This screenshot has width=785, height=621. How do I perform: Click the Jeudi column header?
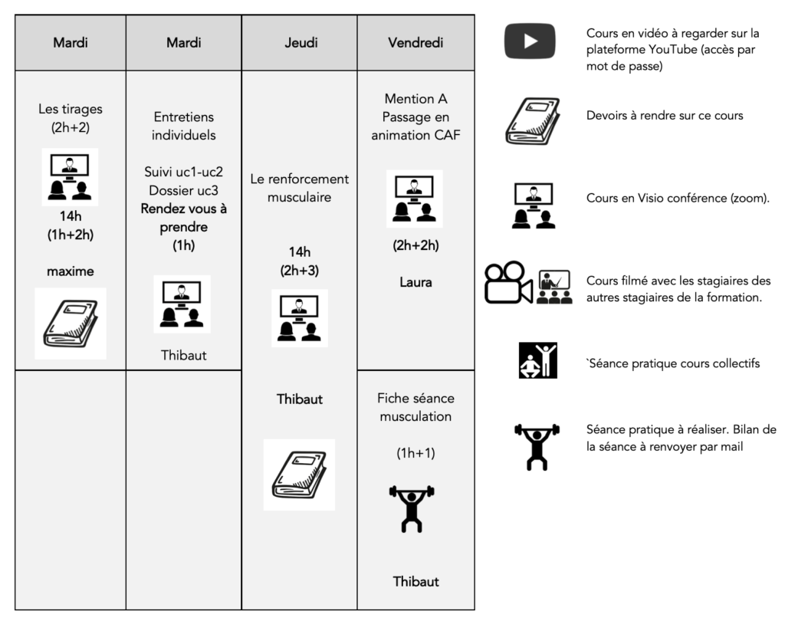pyautogui.click(x=301, y=43)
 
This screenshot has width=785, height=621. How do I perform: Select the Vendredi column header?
pyautogui.click(x=415, y=43)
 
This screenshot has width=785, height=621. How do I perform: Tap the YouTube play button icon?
pyautogui.click(x=530, y=41)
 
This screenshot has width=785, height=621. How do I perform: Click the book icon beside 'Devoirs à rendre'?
pyautogui.click(x=532, y=121)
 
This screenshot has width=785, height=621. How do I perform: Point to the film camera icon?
pyautogui.click(x=508, y=282)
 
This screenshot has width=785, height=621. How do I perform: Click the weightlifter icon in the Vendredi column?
pyautogui.click(x=412, y=508)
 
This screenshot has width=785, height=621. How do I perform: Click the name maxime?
pyautogui.click(x=70, y=271)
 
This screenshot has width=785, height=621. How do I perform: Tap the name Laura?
pyautogui.click(x=415, y=282)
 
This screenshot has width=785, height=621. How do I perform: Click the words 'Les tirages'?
pyautogui.click(x=70, y=109)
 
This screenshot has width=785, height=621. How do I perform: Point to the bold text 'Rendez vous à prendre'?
pyautogui.click(x=184, y=218)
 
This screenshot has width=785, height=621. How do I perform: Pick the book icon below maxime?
pyautogui.click(x=71, y=324)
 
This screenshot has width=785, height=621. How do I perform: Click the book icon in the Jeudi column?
pyautogui.click(x=300, y=475)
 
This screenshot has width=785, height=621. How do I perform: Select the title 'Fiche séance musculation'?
pyautogui.click(x=415, y=407)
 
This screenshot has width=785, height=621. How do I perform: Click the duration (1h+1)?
pyautogui.click(x=415, y=453)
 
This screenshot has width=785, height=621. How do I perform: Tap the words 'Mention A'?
pyautogui.click(x=415, y=99)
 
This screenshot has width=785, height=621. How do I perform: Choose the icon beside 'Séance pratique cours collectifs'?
pyautogui.click(x=537, y=360)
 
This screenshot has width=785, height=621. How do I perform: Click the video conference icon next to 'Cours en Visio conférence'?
pyautogui.click(x=534, y=205)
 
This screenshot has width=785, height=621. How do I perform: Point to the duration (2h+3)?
pyautogui.click(x=300, y=271)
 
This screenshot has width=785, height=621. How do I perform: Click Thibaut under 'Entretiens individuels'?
pyautogui.click(x=184, y=355)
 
